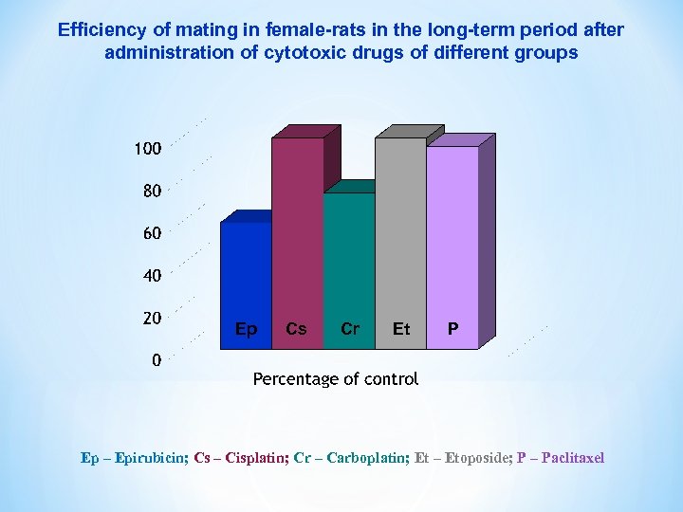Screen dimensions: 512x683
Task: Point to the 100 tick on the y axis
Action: click(147, 149)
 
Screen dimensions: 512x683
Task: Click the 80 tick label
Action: click(152, 191)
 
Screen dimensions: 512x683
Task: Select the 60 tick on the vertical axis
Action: click(152, 233)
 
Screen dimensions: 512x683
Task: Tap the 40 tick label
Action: click(152, 276)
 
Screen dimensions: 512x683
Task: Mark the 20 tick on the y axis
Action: click(152, 318)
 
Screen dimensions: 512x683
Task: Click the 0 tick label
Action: click(157, 360)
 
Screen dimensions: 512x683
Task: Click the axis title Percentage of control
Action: click(335, 379)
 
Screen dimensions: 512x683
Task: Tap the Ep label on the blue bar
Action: click(246, 329)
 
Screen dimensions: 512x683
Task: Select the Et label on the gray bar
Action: click(401, 329)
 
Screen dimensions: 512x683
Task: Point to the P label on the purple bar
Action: click(453, 329)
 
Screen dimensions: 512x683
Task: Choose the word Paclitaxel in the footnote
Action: click(572, 458)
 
